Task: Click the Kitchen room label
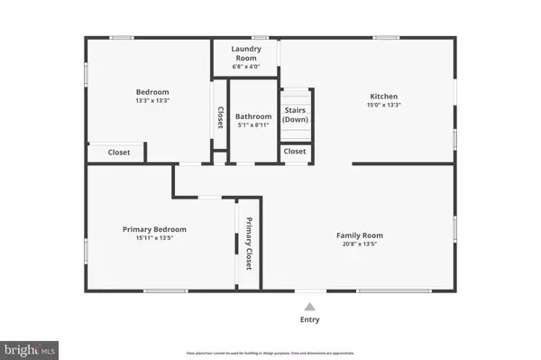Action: [384, 97]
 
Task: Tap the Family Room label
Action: [361, 235]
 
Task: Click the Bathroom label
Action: [253, 116]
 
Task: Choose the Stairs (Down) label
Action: [295, 115]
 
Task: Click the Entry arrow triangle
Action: [309, 307]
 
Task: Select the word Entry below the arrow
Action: [309, 319]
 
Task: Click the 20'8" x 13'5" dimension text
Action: [361, 245]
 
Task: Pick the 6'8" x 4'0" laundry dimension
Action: [245, 67]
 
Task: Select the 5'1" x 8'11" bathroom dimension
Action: [253, 126]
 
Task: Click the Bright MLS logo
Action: [31, 346]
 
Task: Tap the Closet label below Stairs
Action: [295, 152]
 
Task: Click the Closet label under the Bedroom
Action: [119, 152]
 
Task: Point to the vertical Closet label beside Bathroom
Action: [219, 117]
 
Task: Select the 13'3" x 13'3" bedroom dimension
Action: [152, 101]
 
